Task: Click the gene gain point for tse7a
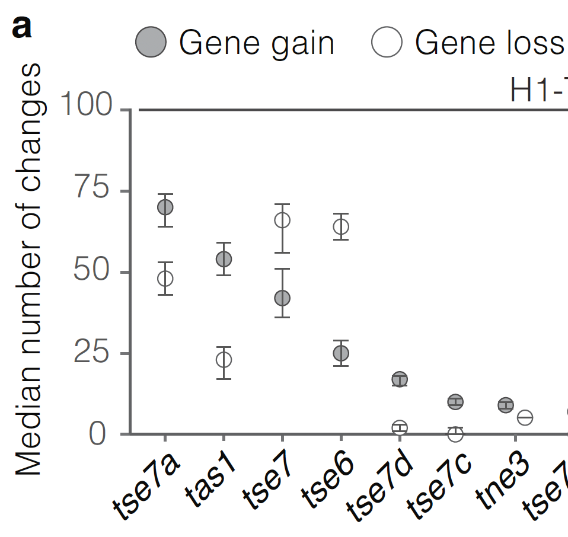point(165,207)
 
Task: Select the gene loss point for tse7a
point(165,278)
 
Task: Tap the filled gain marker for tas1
point(224,259)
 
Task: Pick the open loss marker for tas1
point(224,359)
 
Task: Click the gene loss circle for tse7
point(282,220)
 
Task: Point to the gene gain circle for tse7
point(282,298)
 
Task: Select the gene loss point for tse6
point(341,226)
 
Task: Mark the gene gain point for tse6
point(341,353)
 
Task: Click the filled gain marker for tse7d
point(400,379)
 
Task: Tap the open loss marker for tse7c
point(455,434)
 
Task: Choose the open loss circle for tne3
point(525,418)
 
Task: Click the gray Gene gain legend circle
point(151,43)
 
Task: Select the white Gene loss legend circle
point(387,43)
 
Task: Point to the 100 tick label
point(86,106)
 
